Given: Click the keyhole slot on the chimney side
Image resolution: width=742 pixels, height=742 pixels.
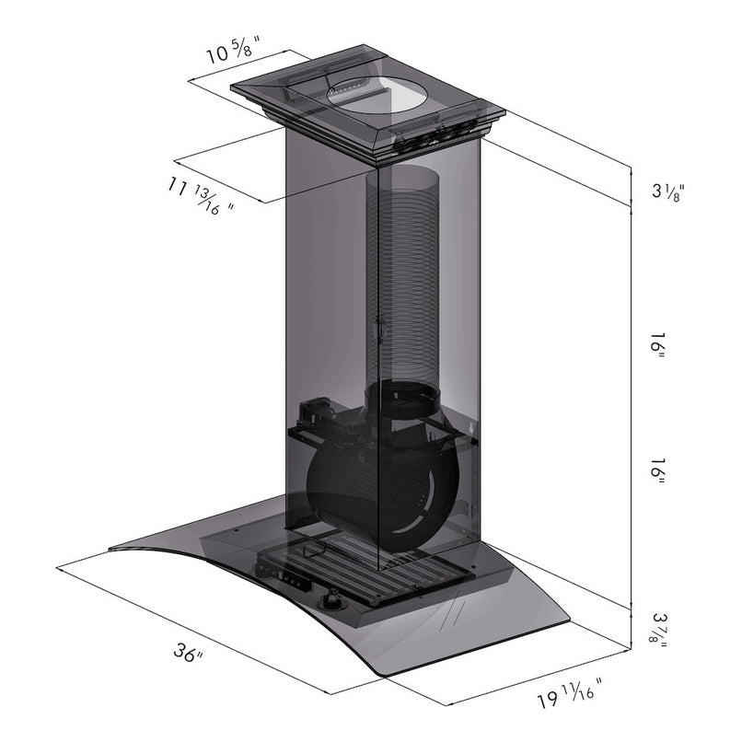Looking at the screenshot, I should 379,327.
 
